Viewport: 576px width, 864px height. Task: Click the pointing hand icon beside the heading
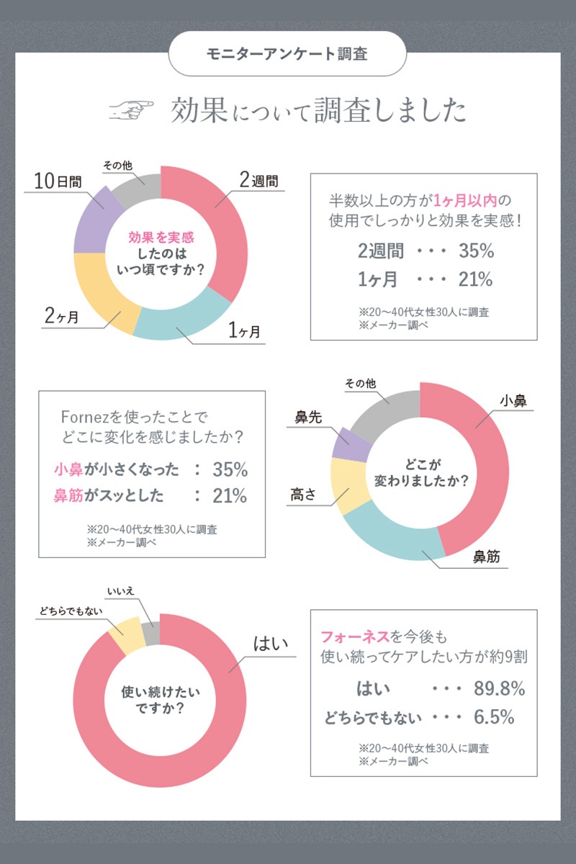pyautogui.click(x=131, y=110)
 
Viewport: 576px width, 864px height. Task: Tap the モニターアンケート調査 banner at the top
pyautogui.click(x=287, y=55)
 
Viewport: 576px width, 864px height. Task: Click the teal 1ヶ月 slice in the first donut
pyautogui.click(x=180, y=320)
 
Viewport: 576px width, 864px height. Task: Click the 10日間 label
pyautogui.click(x=58, y=181)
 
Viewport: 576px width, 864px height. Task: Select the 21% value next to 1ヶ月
pyautogui.click(x=476, y=279)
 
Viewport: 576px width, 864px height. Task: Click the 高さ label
pyautogui.click(x=302, y=496)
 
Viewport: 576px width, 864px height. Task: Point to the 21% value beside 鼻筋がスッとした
pyautogui.click(x=230, y=495)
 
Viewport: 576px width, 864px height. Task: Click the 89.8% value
pyautogui.click(x=499, y=688)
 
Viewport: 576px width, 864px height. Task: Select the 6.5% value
pyautogui.click(x=493, y=717)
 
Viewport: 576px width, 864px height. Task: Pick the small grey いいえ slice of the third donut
pyautogui.click(x=150, y=633)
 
